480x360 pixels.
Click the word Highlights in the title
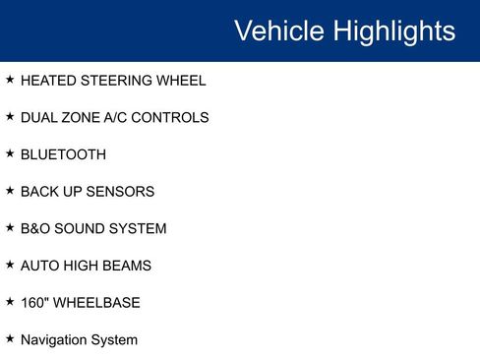[393, 30]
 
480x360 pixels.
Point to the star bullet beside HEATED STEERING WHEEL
[10, 80]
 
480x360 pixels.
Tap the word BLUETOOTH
[63, 154]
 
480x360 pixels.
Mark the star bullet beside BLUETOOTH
[10, 153]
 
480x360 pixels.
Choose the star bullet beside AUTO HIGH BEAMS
[10, 265]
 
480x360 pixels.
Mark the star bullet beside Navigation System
[10, 338]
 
